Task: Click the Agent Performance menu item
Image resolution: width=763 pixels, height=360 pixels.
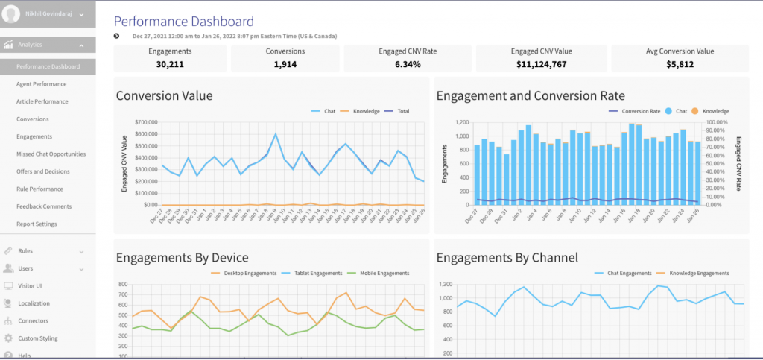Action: (x=41, y=84)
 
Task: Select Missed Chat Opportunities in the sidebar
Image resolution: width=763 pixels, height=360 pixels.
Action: (x=51, y=154)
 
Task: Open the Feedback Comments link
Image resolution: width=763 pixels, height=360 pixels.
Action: (x=44, y=206)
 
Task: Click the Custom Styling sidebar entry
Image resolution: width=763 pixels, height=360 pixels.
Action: (x=38, y=338)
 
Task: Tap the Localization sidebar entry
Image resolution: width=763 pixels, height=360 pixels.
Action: (x=34, y=303)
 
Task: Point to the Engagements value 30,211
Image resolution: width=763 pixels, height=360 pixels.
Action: (x=170, y=64)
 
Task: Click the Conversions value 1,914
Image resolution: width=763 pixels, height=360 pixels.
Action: (x=285, y=64)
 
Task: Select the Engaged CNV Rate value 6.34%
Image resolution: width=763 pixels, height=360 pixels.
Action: (x=407, y=64)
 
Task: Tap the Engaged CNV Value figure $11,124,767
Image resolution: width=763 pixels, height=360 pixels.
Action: (x=541, y=64)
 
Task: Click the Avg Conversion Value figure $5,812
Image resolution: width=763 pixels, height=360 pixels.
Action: (x=679, y=64)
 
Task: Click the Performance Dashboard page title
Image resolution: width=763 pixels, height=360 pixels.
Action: (x=183, y=22)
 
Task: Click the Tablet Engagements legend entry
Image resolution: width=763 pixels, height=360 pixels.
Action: (x=317, y=274)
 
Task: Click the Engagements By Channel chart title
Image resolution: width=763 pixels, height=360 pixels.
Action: (x=507, y=258)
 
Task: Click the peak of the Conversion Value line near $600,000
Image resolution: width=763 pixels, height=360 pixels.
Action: (x=276, y=135)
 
